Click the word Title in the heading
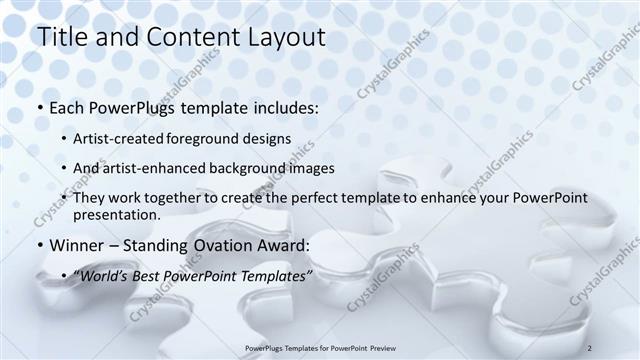[x=61, y=37]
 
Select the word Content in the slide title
[x=187, y=37]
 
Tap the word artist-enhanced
[x=158, y=168]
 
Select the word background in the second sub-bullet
[x=248, y=168]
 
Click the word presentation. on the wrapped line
[x=116, y=215]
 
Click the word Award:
[x=287, y=245]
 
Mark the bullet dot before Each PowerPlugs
[x=39, y=107]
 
